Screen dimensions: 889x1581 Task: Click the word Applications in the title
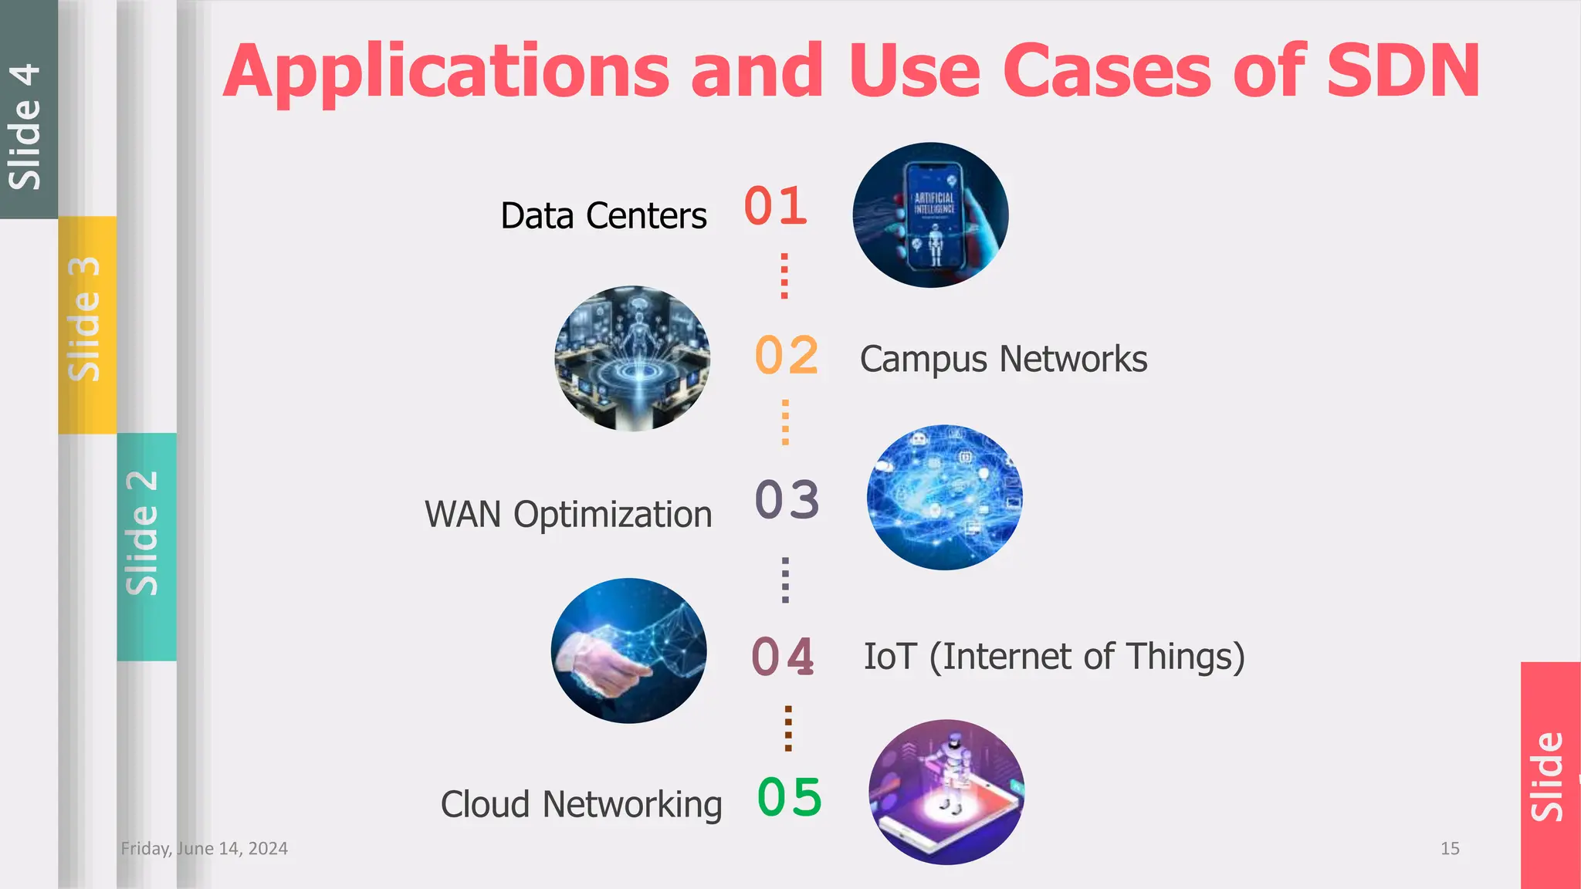coord(446,71)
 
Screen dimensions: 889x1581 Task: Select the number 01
coord(776,206)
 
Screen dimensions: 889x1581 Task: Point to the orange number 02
coord(786,356)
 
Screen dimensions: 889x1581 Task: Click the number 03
coord(787,499)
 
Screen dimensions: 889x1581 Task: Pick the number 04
coord(783,657)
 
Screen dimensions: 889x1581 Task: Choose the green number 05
coord(789,796)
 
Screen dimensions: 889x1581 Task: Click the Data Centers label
coord(604,215)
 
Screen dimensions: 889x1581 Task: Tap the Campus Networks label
coord(1004,359)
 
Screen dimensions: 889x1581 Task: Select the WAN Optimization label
coord(568,515)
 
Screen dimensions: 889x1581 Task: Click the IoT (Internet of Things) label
coord(1054,657)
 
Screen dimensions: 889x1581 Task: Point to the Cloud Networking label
coord(581,804)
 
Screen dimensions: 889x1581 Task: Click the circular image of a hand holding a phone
coord(930,215)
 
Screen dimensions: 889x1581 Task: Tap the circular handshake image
coord(629,651)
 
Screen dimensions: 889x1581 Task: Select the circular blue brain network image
coord(944,498)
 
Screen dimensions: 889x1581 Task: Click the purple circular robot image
coord(946,792)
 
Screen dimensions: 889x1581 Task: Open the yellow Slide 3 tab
coord(86,324)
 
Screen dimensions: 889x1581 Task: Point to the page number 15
coord(1450,849)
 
